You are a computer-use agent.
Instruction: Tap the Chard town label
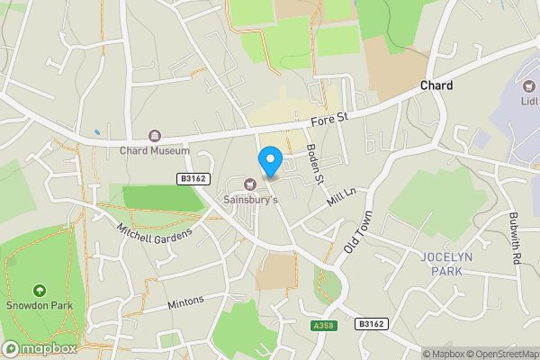(x=436, y=85)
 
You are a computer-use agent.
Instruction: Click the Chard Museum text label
(x=155, y=150)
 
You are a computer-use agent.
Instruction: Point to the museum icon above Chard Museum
(x=155, y=136)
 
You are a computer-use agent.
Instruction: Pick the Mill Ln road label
(x=342, y=198)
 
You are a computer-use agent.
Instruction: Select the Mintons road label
(x=185, y=302)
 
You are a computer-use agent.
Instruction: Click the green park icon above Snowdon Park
(x=39, y=291)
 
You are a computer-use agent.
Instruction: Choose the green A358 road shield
(x=324, y=325)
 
